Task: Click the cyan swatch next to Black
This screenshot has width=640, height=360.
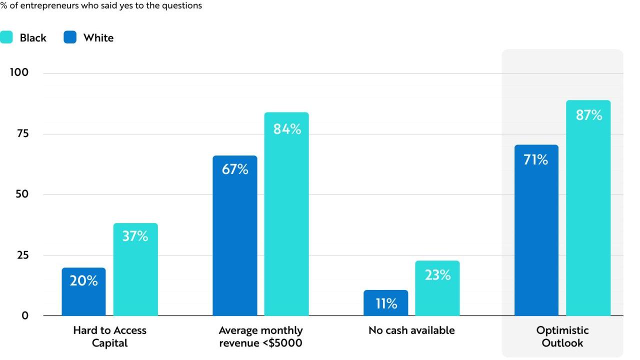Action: [x=6, y=37]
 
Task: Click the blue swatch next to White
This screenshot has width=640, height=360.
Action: [x=70, y=37]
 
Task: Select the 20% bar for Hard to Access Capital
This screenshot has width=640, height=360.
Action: [x=83, y=291]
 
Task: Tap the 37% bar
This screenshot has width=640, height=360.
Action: [x=135, y=269]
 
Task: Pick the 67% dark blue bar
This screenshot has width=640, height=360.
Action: [x=235, y=235]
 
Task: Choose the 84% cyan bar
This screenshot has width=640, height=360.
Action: [x=286, y=214]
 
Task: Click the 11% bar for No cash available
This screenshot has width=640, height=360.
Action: [x=385, y=303]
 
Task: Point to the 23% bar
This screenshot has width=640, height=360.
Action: [x=437, y=288]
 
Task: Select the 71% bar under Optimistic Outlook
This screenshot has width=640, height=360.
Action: [x=536, y=230]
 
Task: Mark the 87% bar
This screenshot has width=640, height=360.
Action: [x=588, y=208]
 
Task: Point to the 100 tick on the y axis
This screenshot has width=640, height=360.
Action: [x=19, y=72]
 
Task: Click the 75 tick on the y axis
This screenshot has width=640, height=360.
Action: [x=23, y=133]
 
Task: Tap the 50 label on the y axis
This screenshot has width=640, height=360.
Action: [x=22, y=194]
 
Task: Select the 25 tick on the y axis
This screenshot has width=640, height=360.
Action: [x=23, y=255]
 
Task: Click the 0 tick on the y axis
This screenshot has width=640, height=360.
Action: [x=25, y=315]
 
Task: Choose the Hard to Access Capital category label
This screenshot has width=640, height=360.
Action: [x=109, y=336]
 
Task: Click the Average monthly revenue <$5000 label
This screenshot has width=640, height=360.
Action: [x=260, y=336]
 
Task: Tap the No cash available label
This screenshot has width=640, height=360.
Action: [x=411, y=330]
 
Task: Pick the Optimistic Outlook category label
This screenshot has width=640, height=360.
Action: [x=562, y=336]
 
